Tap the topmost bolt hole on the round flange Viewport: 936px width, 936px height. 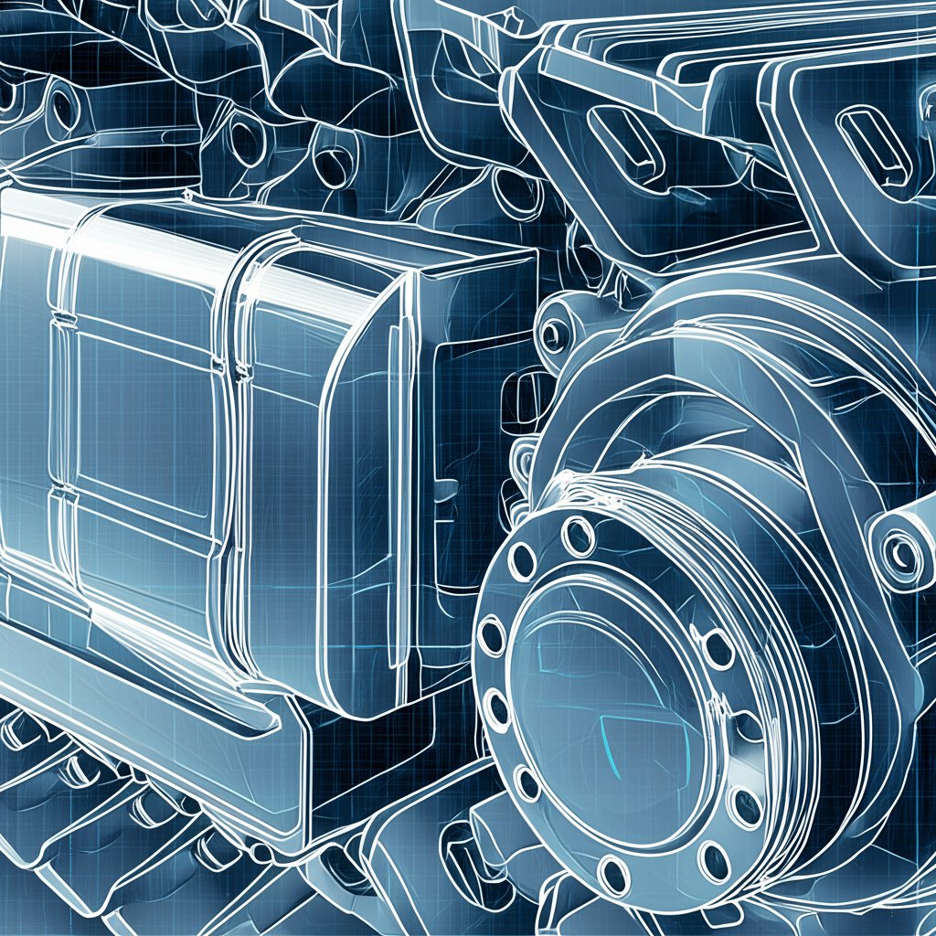(578, 536)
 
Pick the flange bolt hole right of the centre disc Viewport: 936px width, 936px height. (718, 649)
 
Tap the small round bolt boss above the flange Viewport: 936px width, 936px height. (552, 335)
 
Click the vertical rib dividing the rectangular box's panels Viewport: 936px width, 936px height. (232, 439)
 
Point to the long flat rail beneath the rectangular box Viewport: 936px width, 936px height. (137, 695)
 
